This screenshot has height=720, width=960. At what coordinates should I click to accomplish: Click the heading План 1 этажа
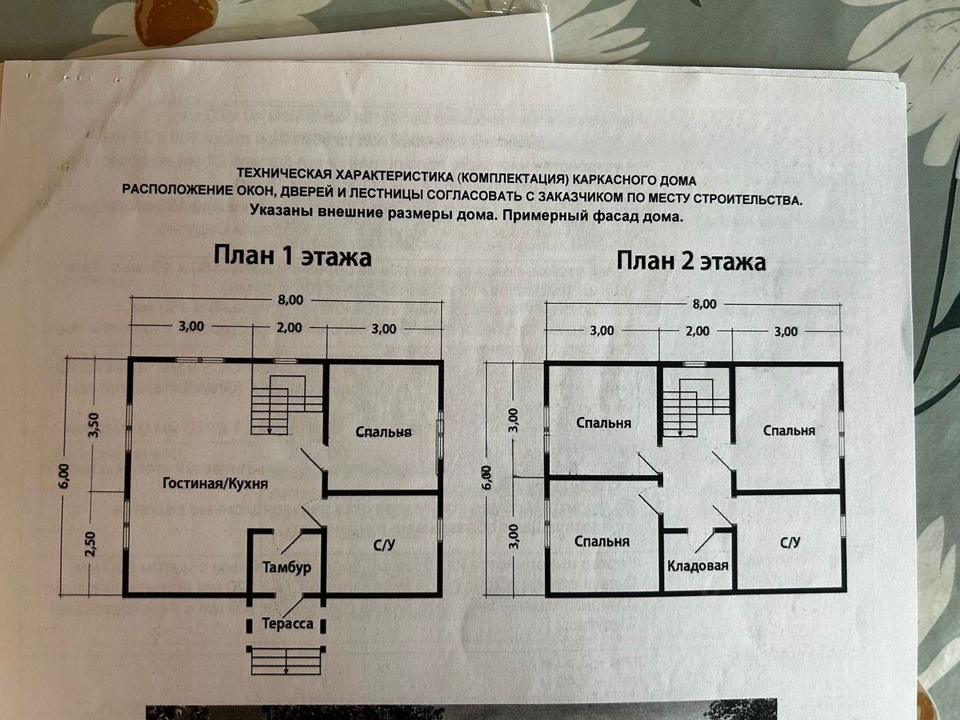tap(292, 258)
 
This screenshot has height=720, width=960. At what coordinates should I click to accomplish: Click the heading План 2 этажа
tap(690, 262)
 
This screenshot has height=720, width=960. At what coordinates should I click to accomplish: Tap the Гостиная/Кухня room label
tap(215, 484)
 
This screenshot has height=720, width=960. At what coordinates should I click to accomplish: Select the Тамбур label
tap(286, 566)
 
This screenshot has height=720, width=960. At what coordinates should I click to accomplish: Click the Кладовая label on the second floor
tap(698, 566)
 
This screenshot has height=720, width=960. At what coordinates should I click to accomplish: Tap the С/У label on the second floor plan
tap(790, 542)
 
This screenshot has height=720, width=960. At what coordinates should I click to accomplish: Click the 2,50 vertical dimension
tap(90, 544)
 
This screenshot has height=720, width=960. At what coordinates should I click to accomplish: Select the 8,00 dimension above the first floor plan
tap(290, 300)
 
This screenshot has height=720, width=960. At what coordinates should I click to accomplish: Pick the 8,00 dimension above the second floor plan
tap(704, 304)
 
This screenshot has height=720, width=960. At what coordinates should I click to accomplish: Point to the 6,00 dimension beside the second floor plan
tap(487, 478)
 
